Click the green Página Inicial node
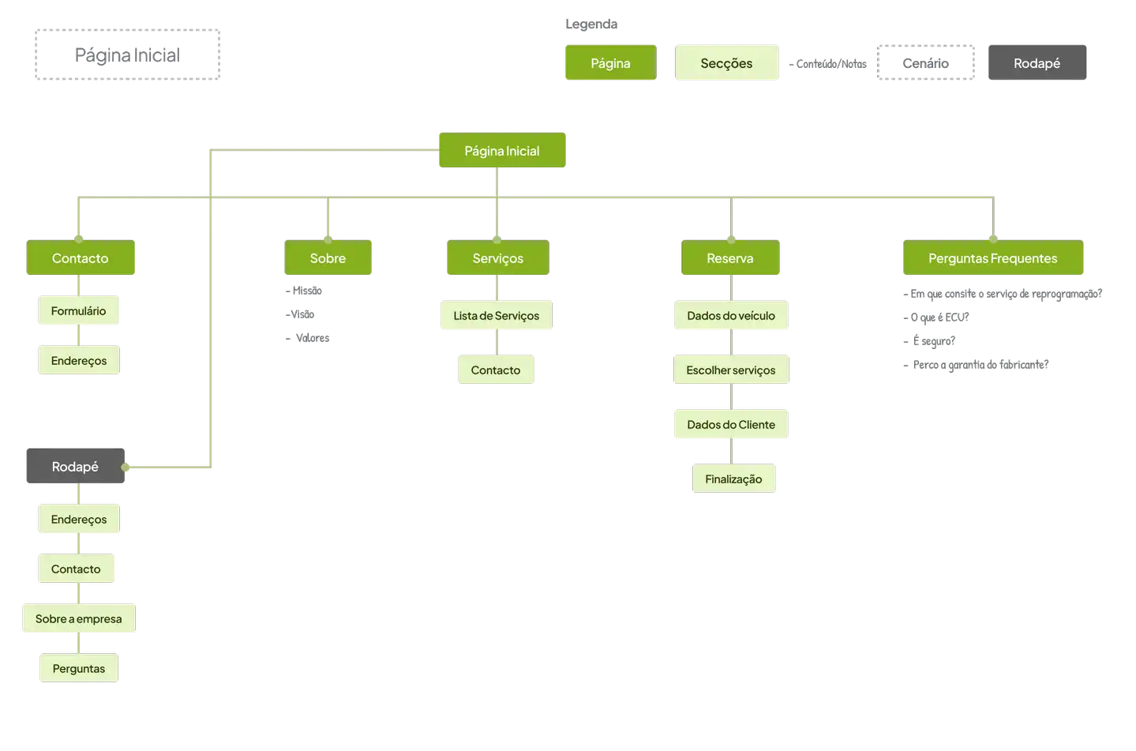coord(502,151)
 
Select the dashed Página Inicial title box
coord(126,54)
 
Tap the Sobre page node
coord(328,258)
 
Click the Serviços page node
coord(497,258)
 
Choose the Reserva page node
coord(730,258)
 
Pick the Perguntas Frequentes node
coord(992,258)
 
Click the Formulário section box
coord(78,311)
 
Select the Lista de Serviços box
coord(496,316)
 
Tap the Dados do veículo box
coord(730,316)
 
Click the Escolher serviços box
coord(730,370)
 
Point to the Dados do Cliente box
coord(730,425)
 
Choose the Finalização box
coord(733,479)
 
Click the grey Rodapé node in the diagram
coord(75,467)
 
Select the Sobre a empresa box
coord(78,619)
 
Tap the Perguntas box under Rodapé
coord(78,669)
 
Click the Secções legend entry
coord(726,63)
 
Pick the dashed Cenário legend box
coord(926,63)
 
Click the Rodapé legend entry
coord(1037,63)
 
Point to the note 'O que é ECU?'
coord(939,317)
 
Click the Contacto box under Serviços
coord(496,370)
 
